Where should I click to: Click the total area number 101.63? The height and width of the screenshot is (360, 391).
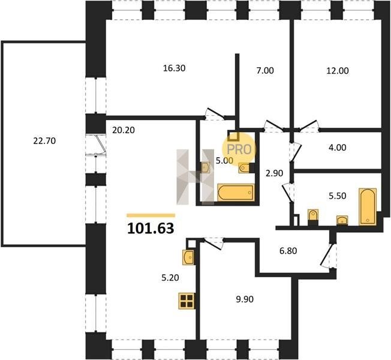coord(151,228)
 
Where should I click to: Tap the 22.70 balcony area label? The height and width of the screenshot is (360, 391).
coord(44,141)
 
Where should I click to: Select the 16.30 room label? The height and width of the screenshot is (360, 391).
coord(174,68)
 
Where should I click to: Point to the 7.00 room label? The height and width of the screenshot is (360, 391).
coord(265,71)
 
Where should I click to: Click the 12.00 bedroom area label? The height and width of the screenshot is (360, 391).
coord(338,71)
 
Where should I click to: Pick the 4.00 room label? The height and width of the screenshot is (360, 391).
coord(338,148)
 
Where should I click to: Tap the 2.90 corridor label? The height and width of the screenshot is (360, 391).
coord(274,173)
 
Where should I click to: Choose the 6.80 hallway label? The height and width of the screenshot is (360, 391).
coord(288,251)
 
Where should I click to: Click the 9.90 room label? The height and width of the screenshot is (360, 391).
coord(245,299)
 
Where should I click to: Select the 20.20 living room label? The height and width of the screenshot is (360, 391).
coord(124,130)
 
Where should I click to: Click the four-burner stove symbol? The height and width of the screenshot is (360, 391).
coord(187,301)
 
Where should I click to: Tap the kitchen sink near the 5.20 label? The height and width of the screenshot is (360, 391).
coord(188,257)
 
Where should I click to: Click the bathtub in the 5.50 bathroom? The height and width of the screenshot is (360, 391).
coord(367,207)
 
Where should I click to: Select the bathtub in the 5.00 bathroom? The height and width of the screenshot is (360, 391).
coord(236,192)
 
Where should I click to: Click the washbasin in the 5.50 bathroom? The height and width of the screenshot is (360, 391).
coord(342,221)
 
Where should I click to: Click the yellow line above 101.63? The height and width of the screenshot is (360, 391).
coord(151,215)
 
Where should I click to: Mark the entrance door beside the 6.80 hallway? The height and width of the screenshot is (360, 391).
coord(329,256)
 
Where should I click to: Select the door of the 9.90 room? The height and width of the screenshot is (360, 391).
coord(213,243)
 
